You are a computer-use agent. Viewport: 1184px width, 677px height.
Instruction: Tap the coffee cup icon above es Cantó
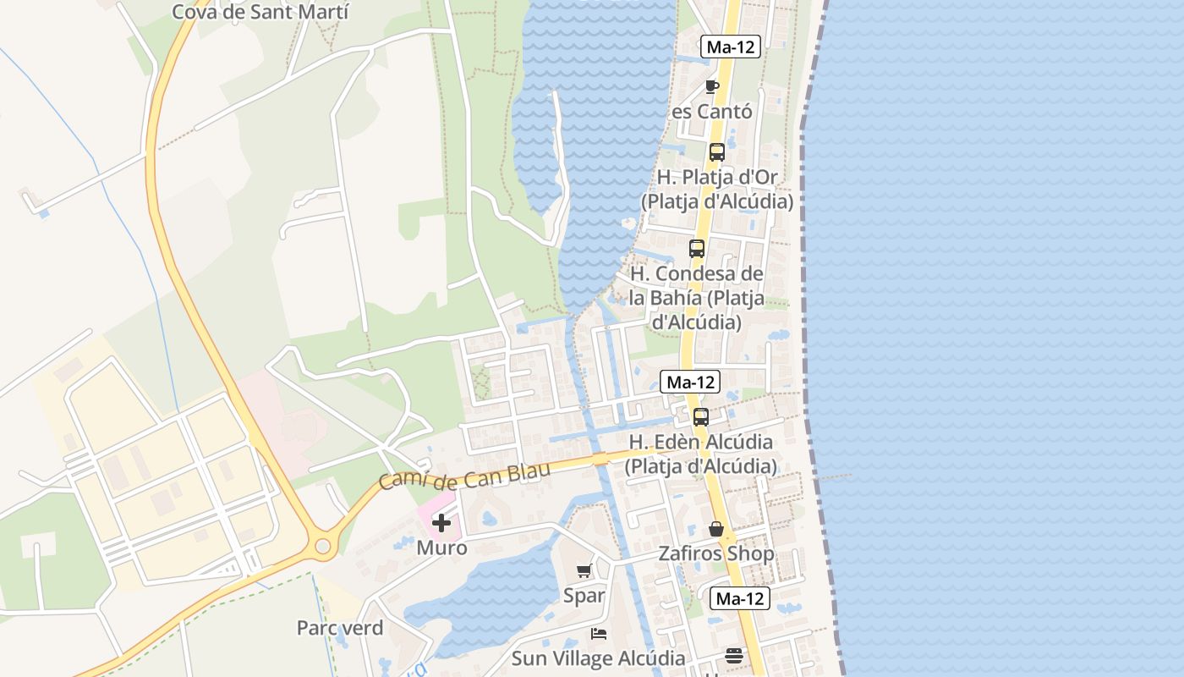point(712,86)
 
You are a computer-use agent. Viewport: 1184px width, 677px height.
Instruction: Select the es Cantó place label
point(712,112)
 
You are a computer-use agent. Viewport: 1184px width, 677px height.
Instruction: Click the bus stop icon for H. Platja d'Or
point(717,152)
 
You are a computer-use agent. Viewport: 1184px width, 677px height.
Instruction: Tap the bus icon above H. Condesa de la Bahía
point(697,249)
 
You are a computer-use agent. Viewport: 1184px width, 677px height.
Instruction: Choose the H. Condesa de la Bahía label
point(697,298)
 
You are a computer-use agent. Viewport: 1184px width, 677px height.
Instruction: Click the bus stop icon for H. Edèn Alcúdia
point(701,417)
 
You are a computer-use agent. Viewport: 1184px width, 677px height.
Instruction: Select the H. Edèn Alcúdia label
point(700,454)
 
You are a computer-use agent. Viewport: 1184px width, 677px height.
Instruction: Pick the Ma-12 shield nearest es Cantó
point(731,47)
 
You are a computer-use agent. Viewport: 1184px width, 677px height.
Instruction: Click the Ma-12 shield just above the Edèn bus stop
point(691,383)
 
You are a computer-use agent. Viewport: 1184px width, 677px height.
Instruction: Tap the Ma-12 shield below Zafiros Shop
point(740,599)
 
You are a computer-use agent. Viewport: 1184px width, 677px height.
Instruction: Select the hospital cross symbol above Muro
point(441,523)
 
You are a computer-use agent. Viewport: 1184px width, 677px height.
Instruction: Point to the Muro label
point(441,548)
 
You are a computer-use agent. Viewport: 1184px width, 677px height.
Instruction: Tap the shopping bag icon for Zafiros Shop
point(716,530)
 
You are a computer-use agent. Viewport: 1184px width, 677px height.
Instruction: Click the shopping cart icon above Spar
point(584,571)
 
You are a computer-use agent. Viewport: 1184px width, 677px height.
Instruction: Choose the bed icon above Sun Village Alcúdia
point(599,634)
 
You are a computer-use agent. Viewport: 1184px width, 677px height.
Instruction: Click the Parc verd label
point(340,628)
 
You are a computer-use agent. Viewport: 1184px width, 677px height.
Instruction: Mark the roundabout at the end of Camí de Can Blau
point(322,547)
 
